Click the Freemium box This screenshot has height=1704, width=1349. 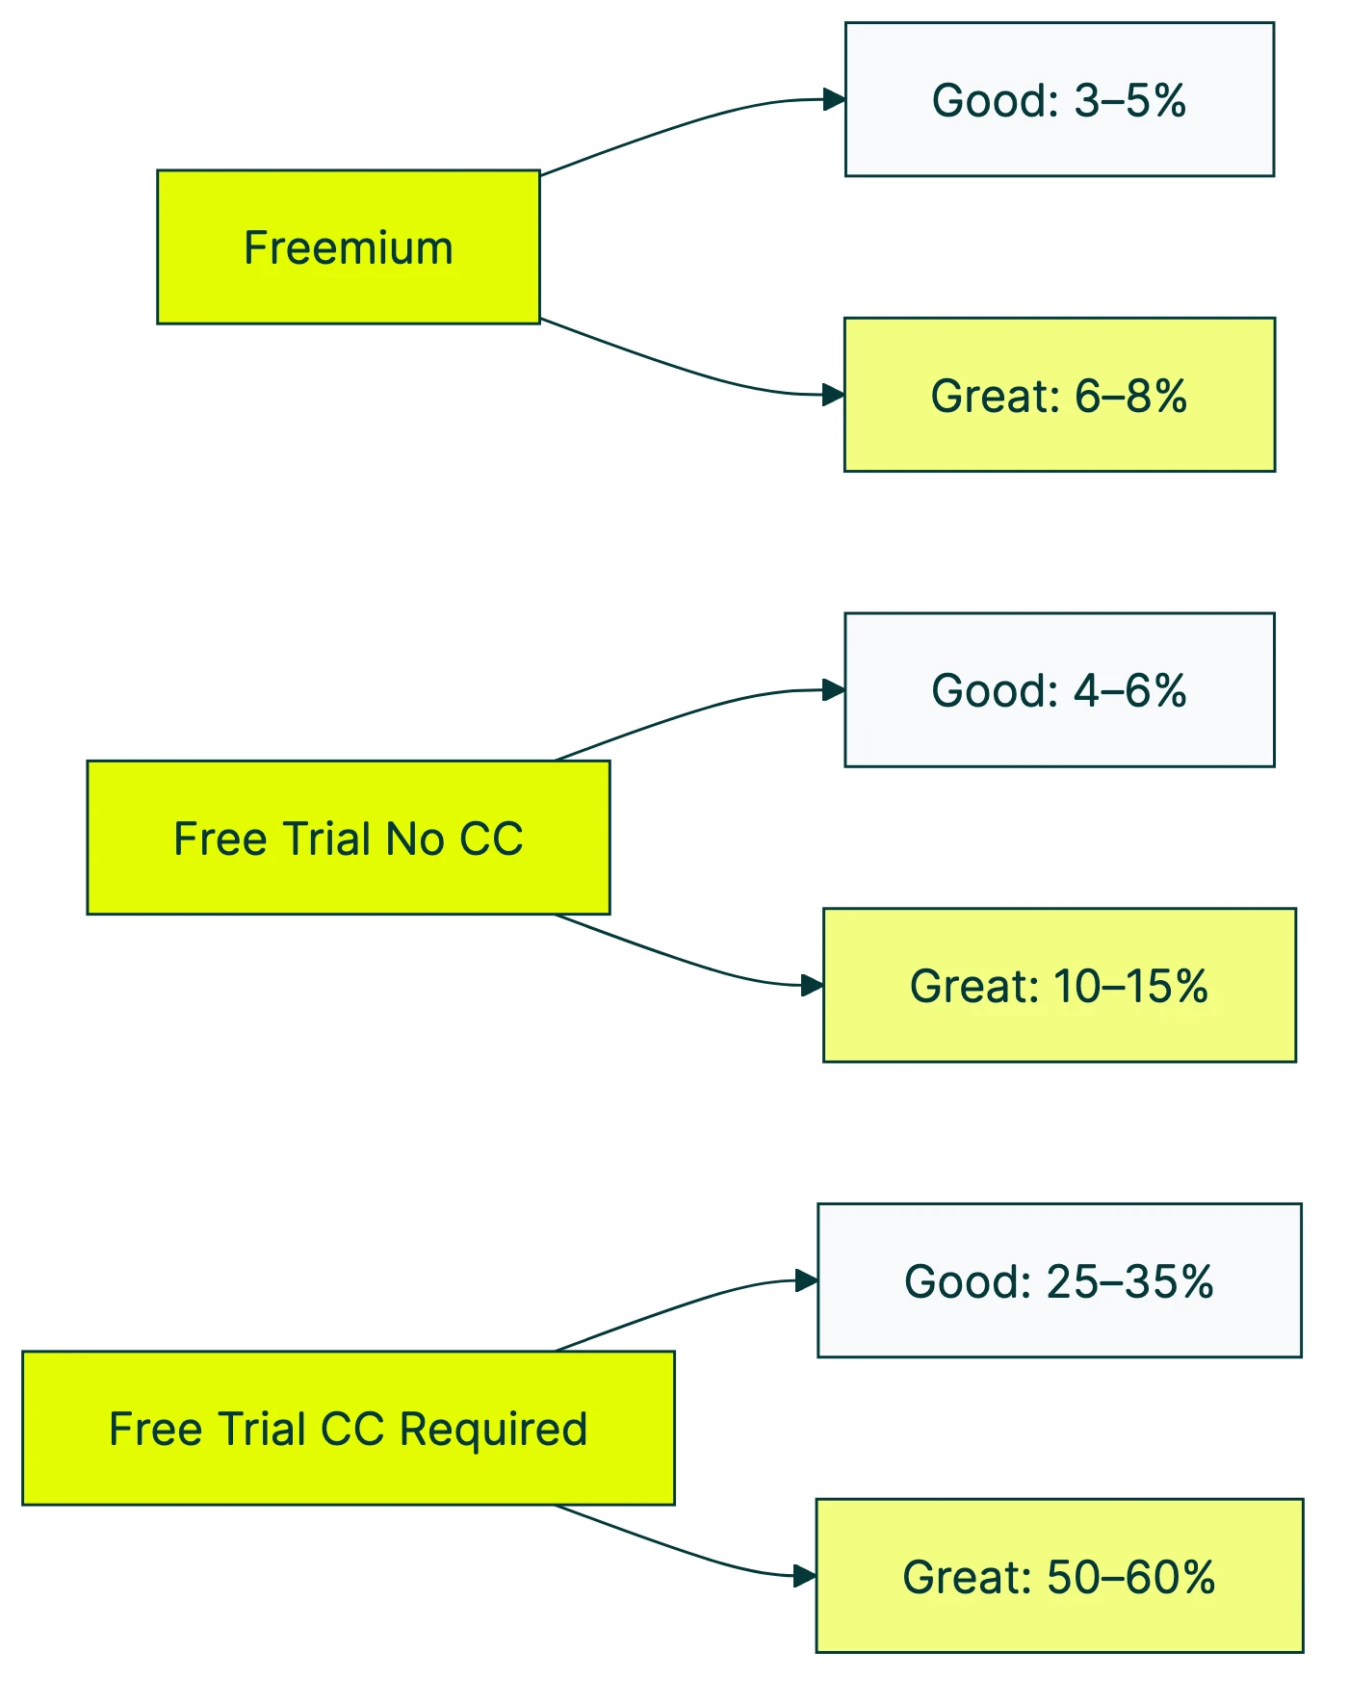[x=348, y=247]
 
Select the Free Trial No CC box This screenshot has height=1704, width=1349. [x=348, y=838]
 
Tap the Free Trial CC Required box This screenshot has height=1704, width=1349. [x=348, y=1428]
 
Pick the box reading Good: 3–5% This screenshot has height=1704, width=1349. [x=1059, y=99]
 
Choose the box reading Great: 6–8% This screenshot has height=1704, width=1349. [x=1059, y=395]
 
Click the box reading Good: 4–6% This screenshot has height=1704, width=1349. [x=1059, y=689]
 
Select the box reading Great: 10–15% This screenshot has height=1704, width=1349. [x=1059, y=985]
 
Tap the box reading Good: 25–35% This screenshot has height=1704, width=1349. [x=1059, y=1280]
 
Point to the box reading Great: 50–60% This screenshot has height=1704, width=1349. [x=1059, y=1576]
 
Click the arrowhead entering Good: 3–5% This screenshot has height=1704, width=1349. [x=834, y=99]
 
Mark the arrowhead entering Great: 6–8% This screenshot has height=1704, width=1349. [x=833, y=395]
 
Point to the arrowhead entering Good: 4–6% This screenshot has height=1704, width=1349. [x=834, y=689]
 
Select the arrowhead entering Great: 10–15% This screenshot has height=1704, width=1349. [x=812, y=985]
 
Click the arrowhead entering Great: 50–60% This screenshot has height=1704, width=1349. [x=805, y=1576]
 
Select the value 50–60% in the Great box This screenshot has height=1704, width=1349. [x=1130, y=1577]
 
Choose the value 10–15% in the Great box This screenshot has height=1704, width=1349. [x=1130, y=986]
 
